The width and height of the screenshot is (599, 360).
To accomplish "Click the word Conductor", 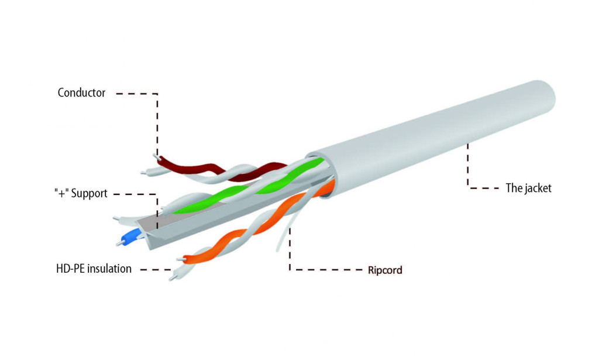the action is click(x=81, y=92).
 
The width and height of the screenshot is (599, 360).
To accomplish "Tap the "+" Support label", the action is click(x=81, y=193).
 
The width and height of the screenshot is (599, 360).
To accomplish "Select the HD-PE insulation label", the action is click(x=94, y=269).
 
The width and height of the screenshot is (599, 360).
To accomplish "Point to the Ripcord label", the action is click(x=385, y=270).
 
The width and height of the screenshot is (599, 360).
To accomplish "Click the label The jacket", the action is click(x=528, y=188).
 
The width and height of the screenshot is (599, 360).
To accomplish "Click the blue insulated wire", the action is click(x=131, y=237).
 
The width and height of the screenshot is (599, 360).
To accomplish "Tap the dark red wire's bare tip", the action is click(x=156, y=156).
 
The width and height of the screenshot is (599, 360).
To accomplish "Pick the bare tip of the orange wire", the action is click(x=180, y=259).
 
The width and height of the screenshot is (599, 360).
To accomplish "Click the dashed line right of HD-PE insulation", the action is click(x=156, y=269).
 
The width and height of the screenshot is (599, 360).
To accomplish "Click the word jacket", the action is click(x=538, y=188).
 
